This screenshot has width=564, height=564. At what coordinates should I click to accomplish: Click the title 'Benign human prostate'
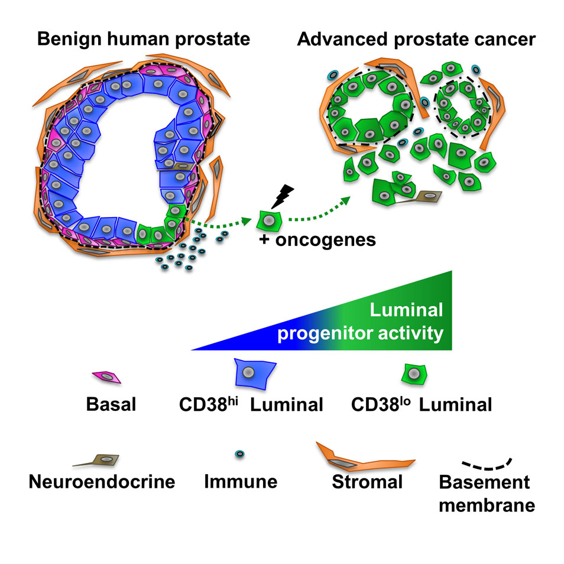coord(144,40)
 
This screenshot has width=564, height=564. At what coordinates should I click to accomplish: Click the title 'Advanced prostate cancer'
coord(416,40)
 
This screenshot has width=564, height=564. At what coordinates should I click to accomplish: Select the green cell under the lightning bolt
coord(268,221)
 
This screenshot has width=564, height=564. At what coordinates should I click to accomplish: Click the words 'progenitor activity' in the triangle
coord(361,333)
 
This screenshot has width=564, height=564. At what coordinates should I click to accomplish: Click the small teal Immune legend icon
coord(240,454)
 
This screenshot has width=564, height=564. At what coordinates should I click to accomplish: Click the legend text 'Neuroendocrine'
coord(102,482)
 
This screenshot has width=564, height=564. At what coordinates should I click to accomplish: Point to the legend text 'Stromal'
coord(367,482)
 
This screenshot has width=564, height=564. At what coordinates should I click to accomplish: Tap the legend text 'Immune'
coord(241,482)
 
